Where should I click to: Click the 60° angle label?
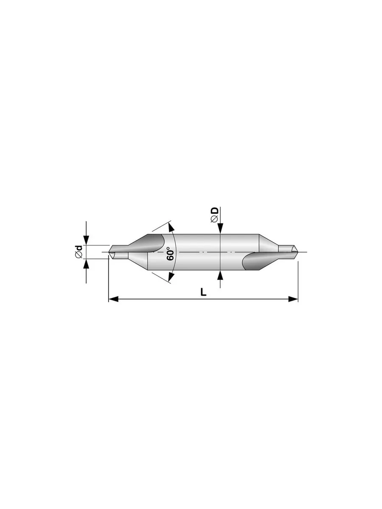point(171,254)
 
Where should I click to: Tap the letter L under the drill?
point(203,292)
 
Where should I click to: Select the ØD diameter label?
point(214,215)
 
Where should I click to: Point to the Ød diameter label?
point(79,252)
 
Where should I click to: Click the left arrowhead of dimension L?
point(113,299)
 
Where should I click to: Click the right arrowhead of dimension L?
point(293,299)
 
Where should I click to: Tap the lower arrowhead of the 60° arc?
point(171,277)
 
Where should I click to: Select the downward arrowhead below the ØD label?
point(220,228)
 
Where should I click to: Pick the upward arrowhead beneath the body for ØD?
point(220,275)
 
